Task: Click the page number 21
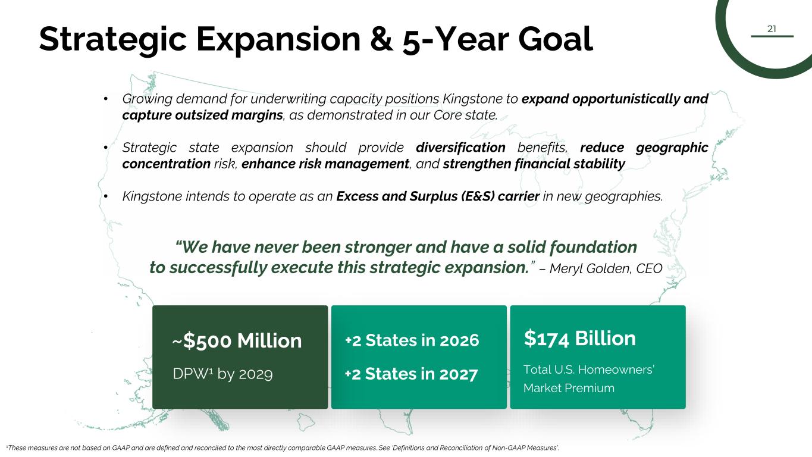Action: (x=772, y=29)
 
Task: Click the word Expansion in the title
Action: (x=278, y=39)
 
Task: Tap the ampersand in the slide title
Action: (x=381, y=39)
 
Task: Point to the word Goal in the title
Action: (x=556, y=39)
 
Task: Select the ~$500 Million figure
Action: (x=237, y=341)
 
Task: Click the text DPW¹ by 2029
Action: (x=222, y=374)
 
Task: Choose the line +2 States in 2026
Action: (x=412, y=340)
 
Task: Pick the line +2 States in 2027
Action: (x=412, y=374)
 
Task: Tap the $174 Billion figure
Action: (x=579, y=339)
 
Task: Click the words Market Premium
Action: (x=569, y=388)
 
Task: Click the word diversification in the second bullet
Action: (x=460, y=148)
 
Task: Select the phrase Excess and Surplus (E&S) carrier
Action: (x=438, y=196)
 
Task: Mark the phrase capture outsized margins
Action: (x=202, y=115)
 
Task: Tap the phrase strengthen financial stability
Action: (x=534, y=164)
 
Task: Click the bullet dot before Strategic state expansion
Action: (x=105, y=148)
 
